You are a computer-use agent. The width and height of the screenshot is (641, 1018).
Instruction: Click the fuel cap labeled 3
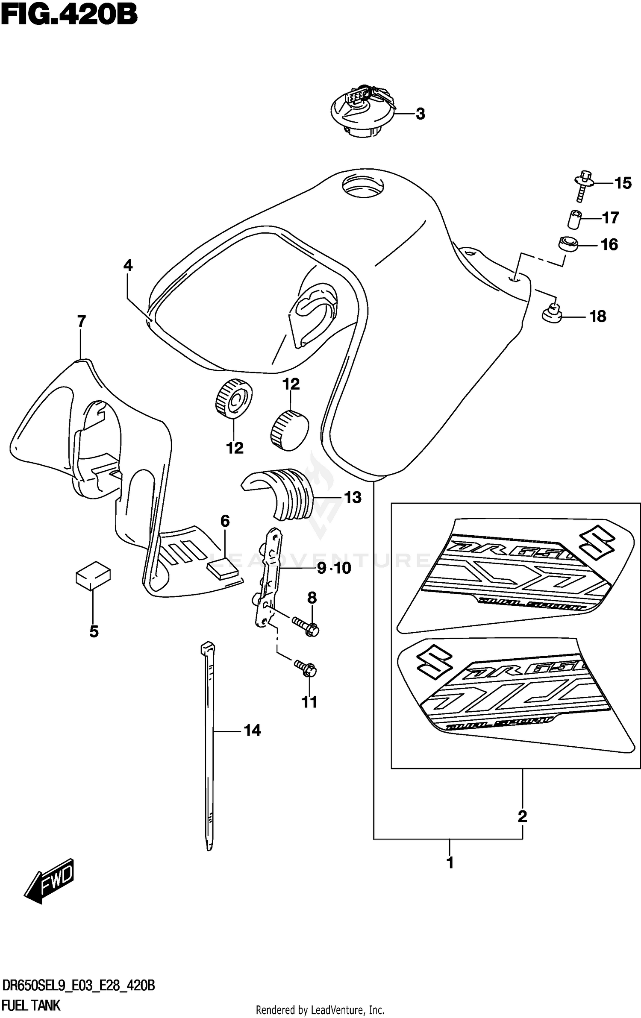(362, 113)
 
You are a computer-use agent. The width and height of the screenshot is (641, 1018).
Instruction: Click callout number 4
(128, 266)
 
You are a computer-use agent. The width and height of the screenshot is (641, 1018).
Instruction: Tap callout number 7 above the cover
(81, 321)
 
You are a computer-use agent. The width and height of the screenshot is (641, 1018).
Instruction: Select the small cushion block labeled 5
(93, 575)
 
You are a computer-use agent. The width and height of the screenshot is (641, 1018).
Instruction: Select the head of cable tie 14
(207, 649)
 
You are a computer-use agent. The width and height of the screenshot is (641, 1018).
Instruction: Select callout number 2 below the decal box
(522, 816)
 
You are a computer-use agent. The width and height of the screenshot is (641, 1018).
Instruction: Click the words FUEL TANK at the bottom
(31, 1005)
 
